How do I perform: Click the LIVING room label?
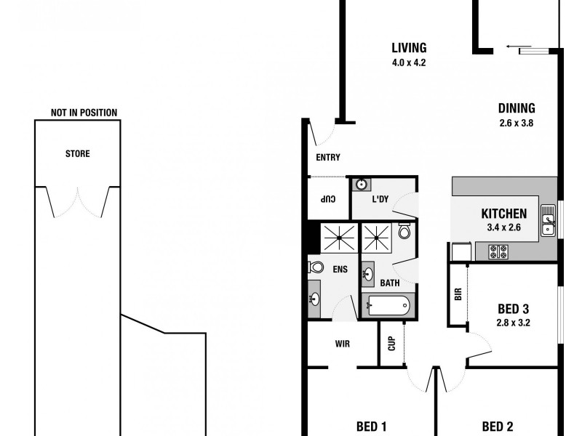click(408, 49)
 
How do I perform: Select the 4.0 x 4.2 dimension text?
click(408, 63)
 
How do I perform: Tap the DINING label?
click(517, 108)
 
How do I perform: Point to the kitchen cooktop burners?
click(500, 252)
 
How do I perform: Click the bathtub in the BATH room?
click(387, 306)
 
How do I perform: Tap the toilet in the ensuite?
click(316, 267)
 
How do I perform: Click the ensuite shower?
click(336, 237)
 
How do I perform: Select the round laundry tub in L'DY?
click(360, 185)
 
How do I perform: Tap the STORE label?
click(77, 154)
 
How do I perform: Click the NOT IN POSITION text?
click(84, 113)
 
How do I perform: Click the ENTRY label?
click(327, 158)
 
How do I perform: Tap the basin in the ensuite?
click(315, 298)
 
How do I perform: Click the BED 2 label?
click(498, 427)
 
